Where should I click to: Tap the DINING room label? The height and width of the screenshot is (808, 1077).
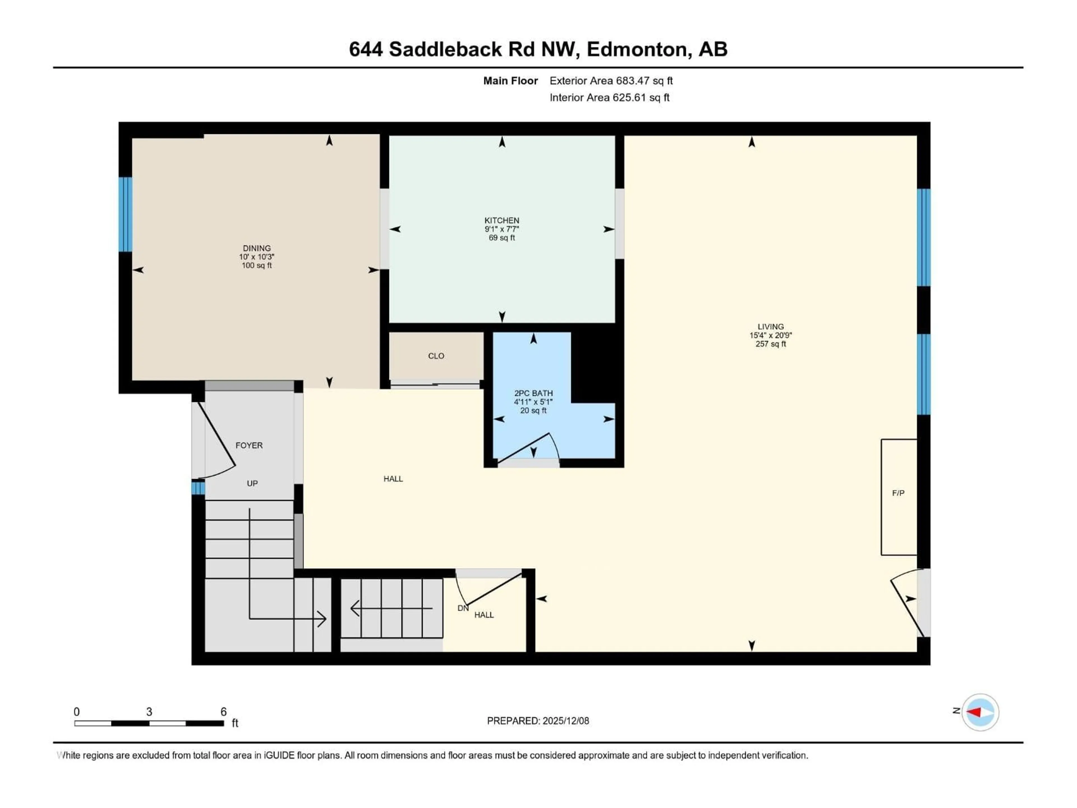257,248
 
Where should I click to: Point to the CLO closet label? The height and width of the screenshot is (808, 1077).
436,356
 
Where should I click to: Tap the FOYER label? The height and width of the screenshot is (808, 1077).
249,446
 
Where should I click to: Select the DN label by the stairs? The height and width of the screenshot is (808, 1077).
463,608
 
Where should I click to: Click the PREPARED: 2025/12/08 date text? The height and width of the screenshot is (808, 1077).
538,721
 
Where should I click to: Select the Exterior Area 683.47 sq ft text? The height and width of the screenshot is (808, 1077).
611,81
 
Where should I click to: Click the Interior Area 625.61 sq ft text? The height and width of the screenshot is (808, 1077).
609,97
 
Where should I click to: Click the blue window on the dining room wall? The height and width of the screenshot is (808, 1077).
126,214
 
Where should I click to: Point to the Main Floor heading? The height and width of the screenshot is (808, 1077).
510,81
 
